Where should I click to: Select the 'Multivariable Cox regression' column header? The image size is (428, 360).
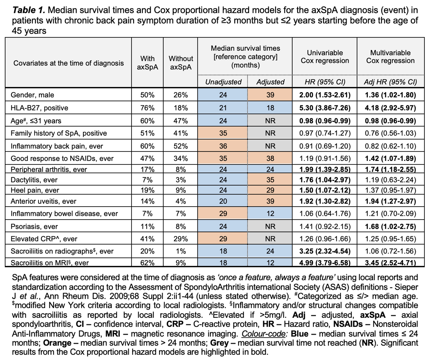390,57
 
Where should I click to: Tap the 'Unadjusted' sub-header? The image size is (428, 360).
223,82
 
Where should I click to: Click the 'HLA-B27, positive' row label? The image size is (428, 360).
39,108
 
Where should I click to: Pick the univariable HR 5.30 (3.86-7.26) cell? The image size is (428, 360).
325,108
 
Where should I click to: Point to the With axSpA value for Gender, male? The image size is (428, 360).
147,95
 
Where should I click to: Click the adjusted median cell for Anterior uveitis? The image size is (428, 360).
270,201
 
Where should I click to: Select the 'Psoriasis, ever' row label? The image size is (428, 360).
34,226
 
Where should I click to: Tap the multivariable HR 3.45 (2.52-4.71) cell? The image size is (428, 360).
390,263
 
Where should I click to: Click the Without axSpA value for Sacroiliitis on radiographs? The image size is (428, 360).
181,251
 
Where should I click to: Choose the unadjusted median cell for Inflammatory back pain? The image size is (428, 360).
223,146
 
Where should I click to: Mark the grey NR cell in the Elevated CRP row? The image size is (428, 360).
270,239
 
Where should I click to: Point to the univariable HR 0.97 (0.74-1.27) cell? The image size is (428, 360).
325,133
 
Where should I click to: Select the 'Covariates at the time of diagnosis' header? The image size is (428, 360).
68,63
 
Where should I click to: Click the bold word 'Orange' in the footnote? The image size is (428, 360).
57,343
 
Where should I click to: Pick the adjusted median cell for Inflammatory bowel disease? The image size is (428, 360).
270,213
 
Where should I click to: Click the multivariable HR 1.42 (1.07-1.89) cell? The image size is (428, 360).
390,158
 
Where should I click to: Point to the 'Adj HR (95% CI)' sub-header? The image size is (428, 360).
390,82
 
